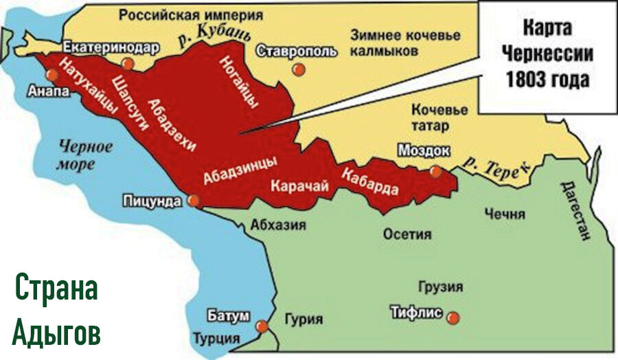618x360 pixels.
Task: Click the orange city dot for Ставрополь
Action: [x=297, y=69]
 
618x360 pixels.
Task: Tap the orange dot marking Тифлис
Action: [x=452, y=317]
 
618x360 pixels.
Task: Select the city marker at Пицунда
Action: [x=194, y=201]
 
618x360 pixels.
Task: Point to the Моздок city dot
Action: [x=435, y=172]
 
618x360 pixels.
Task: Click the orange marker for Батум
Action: [x=262, y=327]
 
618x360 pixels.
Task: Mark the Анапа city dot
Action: [x=50, y=74]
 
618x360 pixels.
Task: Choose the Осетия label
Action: [x=407, y=234]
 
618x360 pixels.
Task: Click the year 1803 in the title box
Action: [x=524, y=80]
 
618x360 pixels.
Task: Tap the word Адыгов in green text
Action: [x=56, y=333]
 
